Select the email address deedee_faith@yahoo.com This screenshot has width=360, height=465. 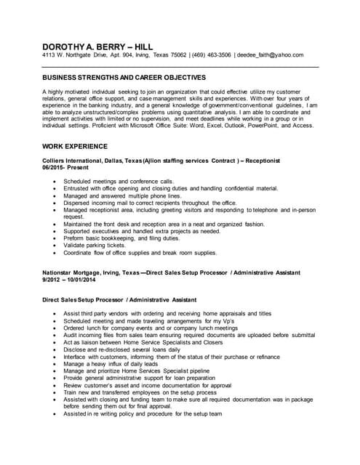click(x=271, y=55)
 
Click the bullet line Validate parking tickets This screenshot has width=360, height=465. click(x=100, y=246)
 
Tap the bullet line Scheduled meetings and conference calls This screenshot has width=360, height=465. click(x=119, y=181)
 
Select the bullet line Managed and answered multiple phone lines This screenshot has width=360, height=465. click(x=121, y=195)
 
